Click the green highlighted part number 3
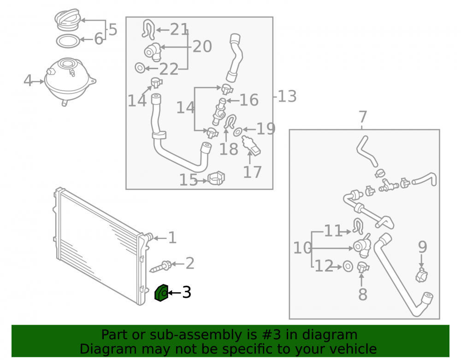161,293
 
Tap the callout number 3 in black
187,292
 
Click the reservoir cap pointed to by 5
67,19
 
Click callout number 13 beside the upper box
287,96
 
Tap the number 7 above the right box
363,117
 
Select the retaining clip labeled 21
149,30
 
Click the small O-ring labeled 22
140,68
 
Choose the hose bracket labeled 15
216,178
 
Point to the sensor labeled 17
251,146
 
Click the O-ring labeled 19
238,132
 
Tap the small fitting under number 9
422,275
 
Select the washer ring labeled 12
348,266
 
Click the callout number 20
202,47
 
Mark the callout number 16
249,100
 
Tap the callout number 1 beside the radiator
172,238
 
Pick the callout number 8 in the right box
363,294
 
